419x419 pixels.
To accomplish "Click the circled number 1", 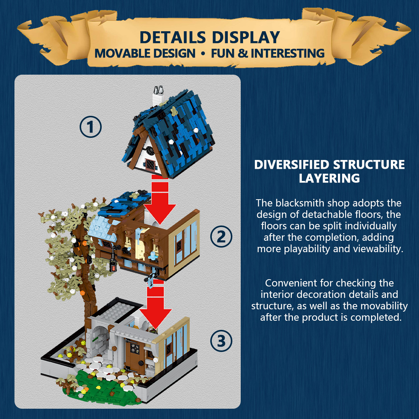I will (91, 127).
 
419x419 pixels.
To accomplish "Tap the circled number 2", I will (221, 237).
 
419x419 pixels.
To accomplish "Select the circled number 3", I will (221, 341).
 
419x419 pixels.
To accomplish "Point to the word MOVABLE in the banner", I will (119, 53).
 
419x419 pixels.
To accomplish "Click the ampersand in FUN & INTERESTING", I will (243, 53).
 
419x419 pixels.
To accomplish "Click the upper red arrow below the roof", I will (160, 202).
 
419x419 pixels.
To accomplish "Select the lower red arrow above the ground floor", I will (155, 309).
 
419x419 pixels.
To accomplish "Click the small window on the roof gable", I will (149, 164).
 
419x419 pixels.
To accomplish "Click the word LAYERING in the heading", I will (329, 178).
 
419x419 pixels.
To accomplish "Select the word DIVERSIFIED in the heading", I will (291, 165).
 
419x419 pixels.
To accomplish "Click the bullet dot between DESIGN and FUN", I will (203, 54).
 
